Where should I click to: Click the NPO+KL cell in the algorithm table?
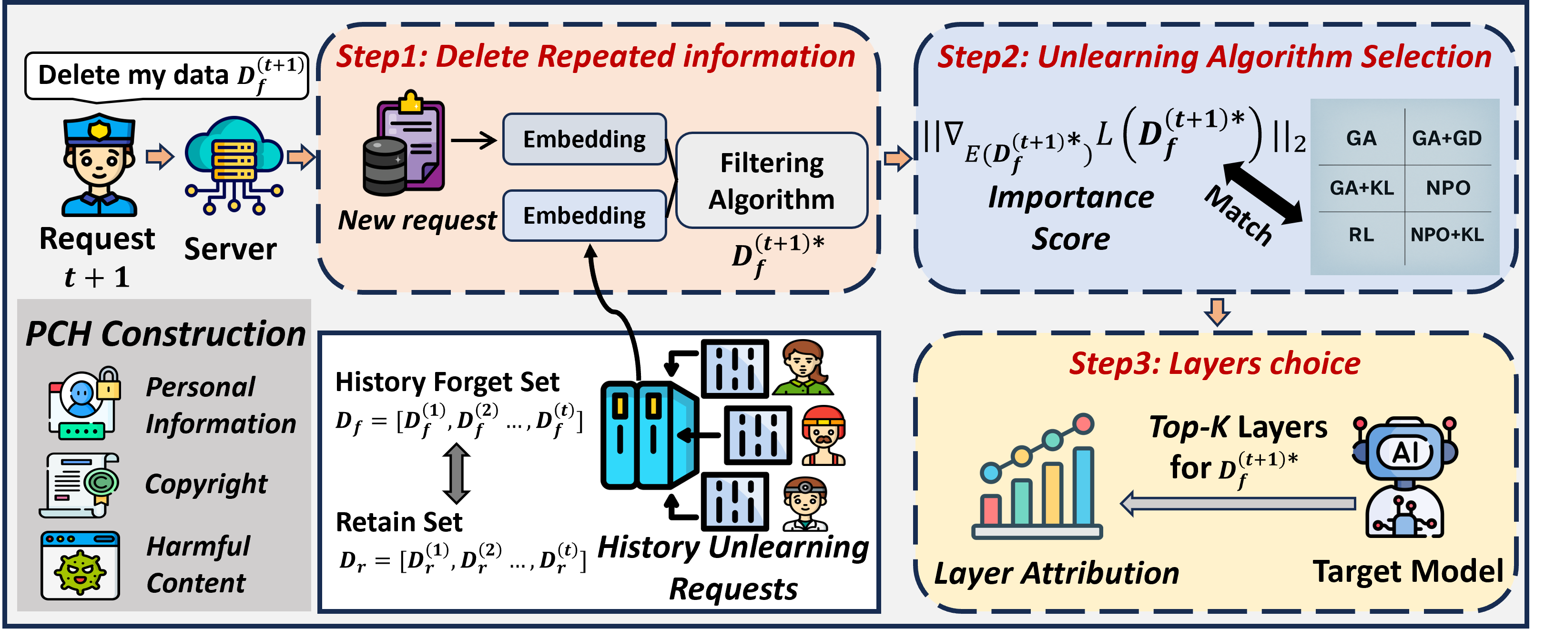coord(1447,235)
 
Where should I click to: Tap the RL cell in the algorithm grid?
coord(1361,235)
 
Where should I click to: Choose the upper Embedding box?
coord(584,139)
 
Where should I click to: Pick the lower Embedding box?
coord(584,216)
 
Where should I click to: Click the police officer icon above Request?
coord(99,165)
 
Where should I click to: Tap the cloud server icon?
coord(234,165)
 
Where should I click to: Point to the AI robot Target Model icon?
coord(1405,477)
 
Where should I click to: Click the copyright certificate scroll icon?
coord(79,485)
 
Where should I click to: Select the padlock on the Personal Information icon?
coord(108,383)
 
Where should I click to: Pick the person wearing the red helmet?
coord(823,435)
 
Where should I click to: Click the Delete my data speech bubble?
coord(166,76)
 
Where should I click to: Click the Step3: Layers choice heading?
coord(1215,363)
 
